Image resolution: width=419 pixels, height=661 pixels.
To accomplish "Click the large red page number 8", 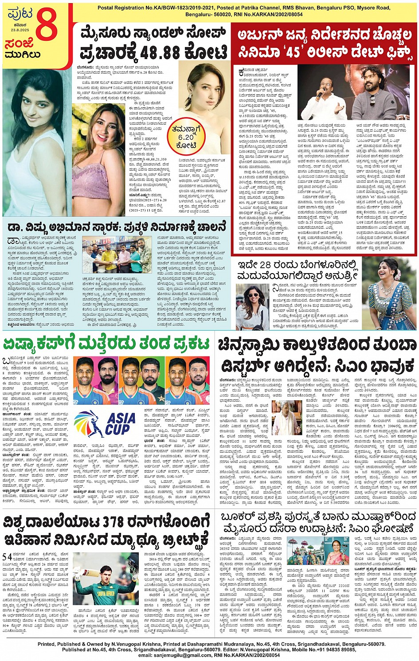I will pos(47,27).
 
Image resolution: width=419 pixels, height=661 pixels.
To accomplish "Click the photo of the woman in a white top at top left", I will pos(35,142).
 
